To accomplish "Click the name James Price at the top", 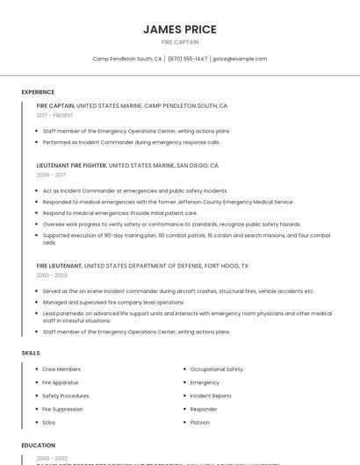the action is point(179,29).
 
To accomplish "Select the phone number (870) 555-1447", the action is point(187,59).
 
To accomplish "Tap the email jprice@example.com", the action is point(240,59).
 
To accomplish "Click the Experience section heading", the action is point(38,92).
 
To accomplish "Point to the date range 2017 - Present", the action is point(54,115).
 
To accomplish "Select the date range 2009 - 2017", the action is point(51,175).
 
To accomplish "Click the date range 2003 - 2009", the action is point(51,275).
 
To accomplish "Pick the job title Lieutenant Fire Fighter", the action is point(71,165).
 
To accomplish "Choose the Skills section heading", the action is point(31,353).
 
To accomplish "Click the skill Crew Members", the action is point(61,369).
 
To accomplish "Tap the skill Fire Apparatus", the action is point(61,383).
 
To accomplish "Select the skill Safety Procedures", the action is point(65,396).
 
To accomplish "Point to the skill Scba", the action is point(49,422).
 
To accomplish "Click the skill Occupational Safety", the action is point(216,369).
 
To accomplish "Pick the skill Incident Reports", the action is point(211,396).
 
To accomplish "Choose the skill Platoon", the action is point(200,422).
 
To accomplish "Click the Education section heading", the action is point(39,445).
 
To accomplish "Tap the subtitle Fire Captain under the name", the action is point(179,42).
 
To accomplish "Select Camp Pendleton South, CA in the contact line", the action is point(127,59).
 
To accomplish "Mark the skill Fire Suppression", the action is point(63,409).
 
